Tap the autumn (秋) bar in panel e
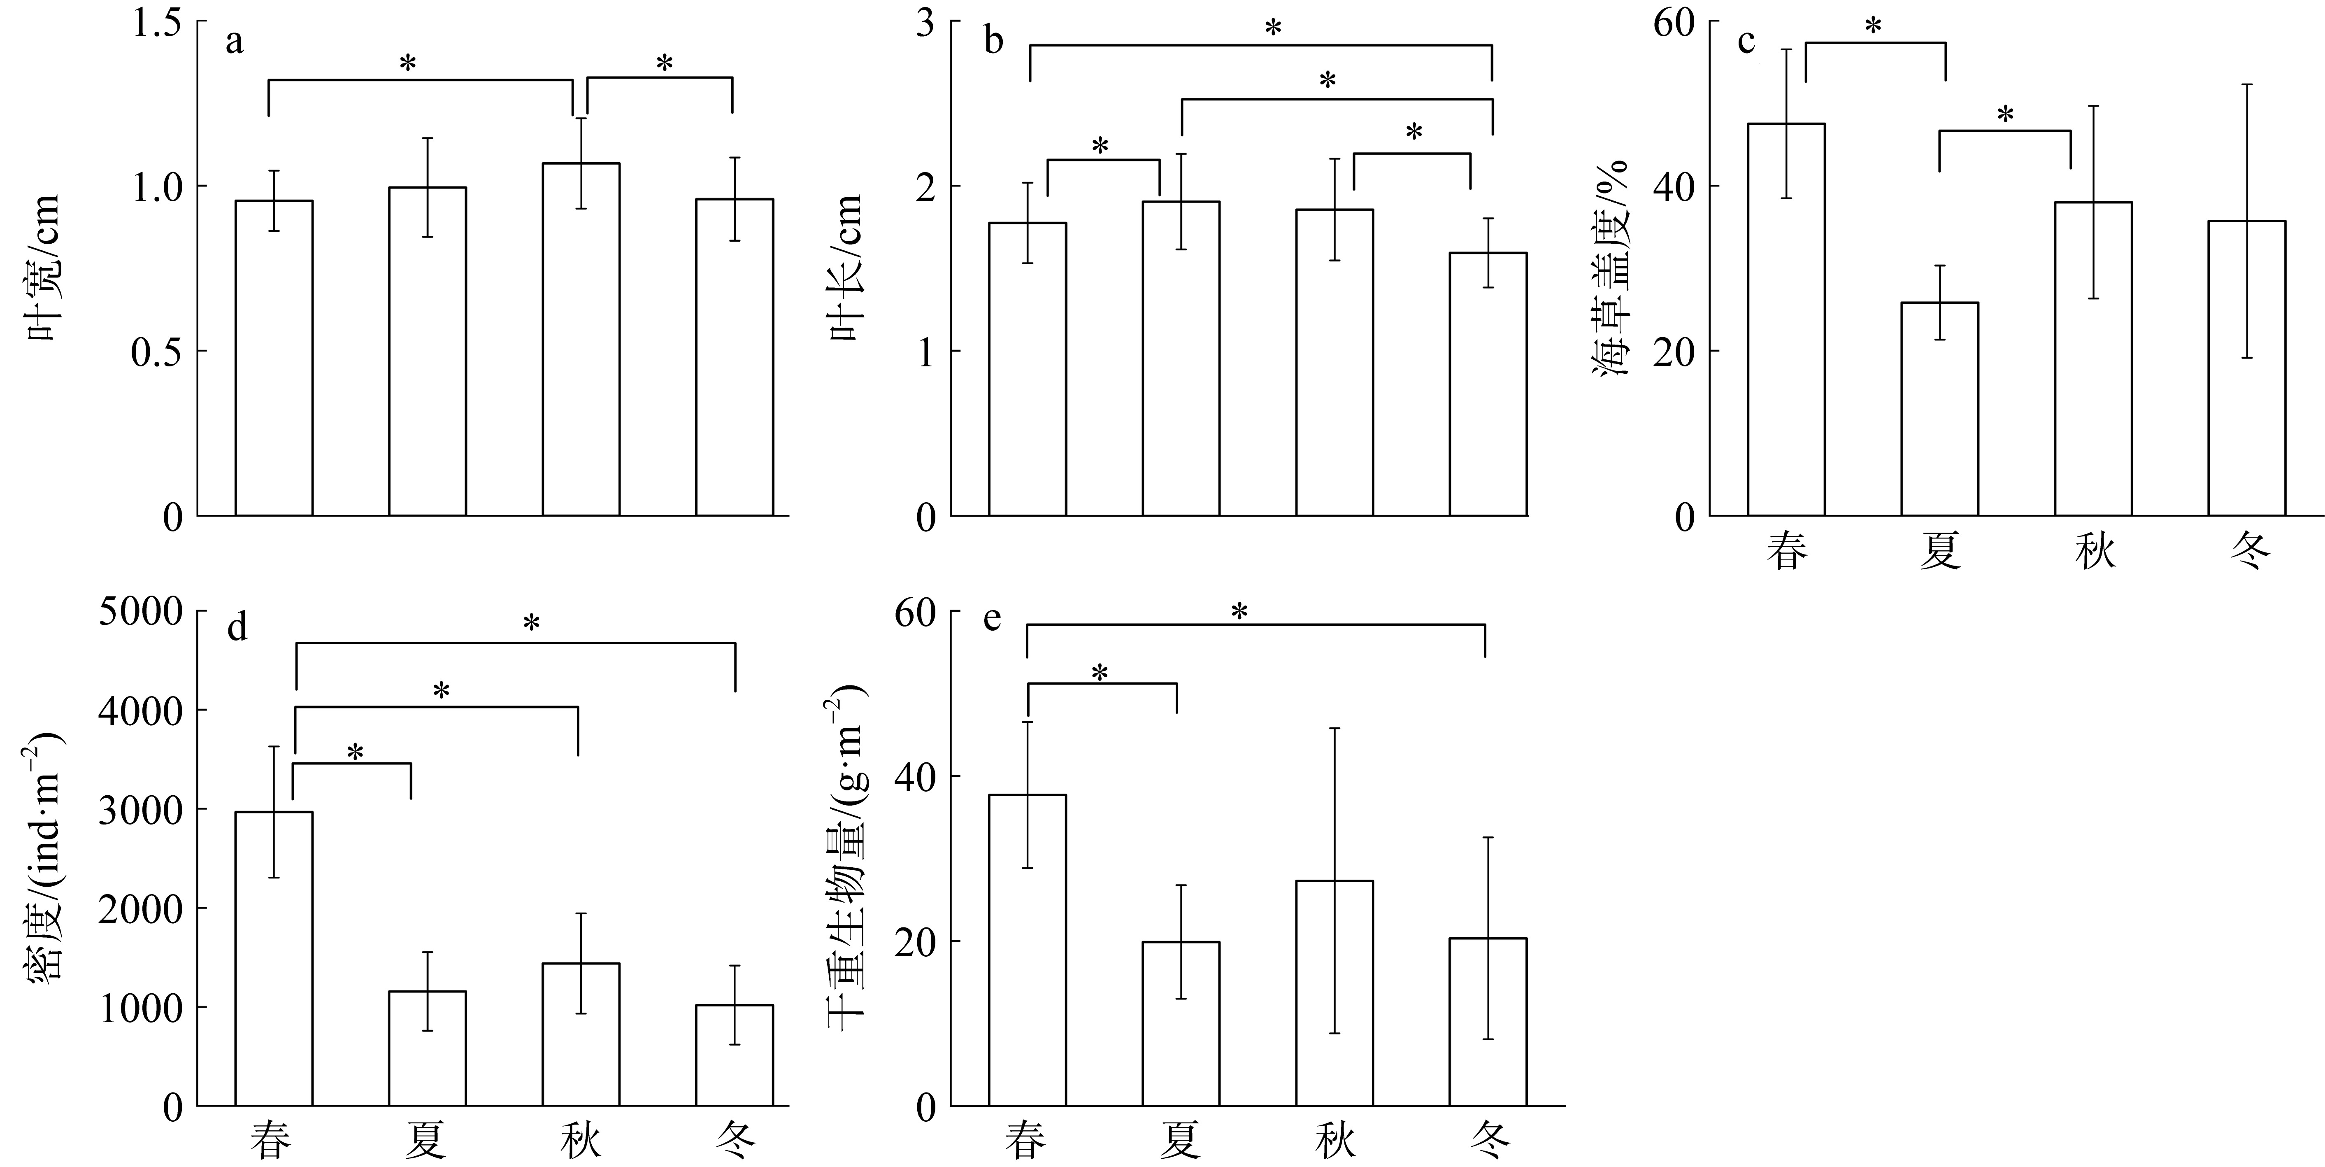pyautogui.click(x=1334, y=993)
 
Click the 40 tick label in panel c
pyautogui.click(x=1674, y=187)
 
